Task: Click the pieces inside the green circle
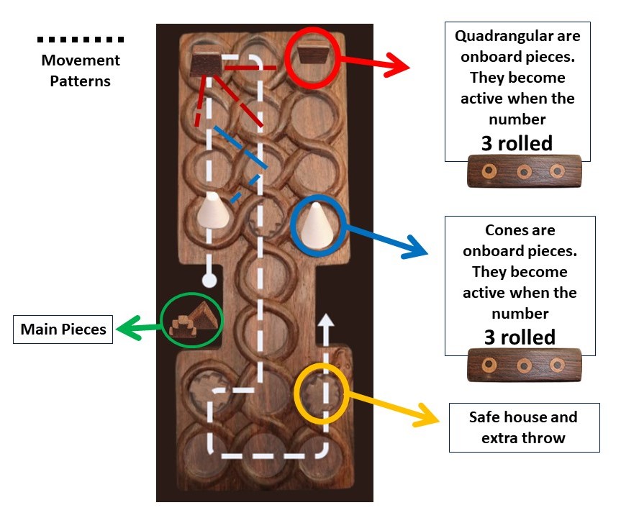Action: coord(191,322)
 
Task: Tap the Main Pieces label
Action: coord(63,330)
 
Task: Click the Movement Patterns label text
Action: coord(80,71)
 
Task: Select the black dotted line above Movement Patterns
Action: coord(80,39)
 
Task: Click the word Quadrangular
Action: coord(517,35)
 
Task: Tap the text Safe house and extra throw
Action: coord(523,427)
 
